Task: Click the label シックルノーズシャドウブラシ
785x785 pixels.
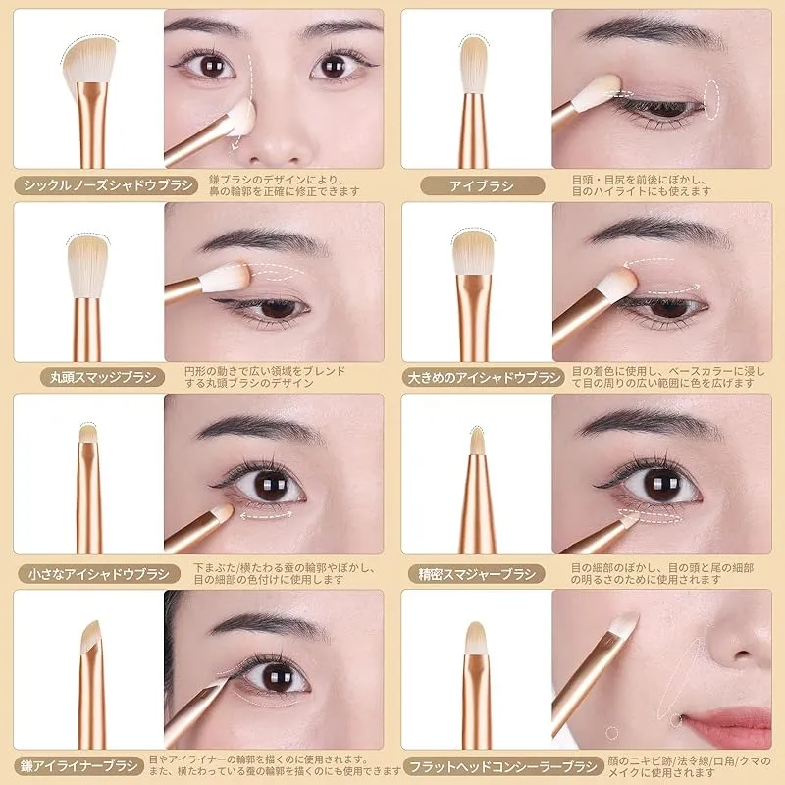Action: (x=106, y=185)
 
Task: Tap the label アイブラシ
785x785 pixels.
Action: (x=482, y=185)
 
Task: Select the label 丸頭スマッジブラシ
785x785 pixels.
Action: (x=103, y=377)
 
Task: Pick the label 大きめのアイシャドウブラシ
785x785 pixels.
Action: (x=483, y=377)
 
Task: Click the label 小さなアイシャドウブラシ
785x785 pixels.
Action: (x=99, y=574)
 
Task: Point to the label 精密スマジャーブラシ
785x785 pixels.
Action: (x=477, y=574)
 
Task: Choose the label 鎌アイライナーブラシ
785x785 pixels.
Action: (x=78, y=766)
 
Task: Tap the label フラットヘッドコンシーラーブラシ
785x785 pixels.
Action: (x=503, y=766)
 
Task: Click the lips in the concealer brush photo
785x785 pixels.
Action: (x=727, y=724)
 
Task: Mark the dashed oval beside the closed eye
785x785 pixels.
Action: (x=711, y=100)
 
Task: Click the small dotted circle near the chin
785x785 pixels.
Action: (x=611, y=733)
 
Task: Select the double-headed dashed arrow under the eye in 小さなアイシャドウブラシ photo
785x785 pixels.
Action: (x=266, y=514)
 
